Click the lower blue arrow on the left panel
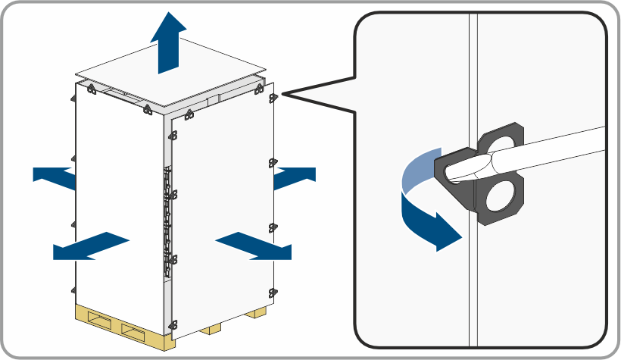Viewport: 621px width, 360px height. [91, 246]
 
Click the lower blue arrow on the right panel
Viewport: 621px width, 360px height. [254, 246]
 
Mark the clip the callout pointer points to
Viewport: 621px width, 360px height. [273, 96]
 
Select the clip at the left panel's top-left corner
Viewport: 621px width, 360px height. [90, 89]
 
